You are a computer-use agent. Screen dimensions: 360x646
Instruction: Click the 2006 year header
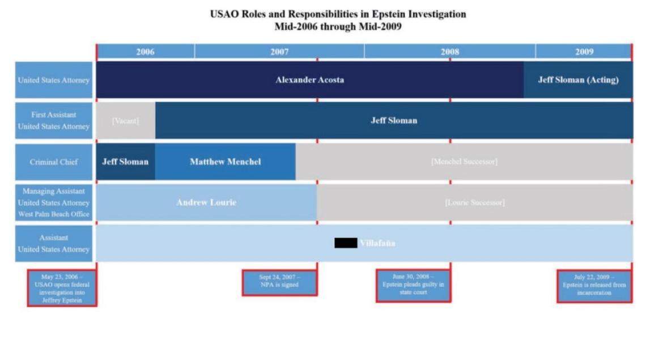click(145, 52)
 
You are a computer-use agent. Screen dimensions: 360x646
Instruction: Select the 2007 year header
click(279, 52)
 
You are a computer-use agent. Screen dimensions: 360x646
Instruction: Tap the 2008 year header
click(450, 52)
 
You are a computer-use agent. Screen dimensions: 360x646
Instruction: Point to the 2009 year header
click(584, 52)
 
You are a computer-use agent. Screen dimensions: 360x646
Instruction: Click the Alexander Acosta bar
click(309, 80)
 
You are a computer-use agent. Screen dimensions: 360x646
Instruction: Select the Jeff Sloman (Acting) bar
click(578, 80)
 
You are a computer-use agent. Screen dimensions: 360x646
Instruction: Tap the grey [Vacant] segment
click(125, 120)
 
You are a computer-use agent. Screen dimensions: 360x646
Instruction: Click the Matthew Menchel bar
click(225, 162)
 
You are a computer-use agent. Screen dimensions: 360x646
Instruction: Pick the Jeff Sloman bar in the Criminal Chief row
click(125, 162)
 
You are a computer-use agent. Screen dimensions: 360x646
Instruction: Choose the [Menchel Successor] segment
click(464, 162)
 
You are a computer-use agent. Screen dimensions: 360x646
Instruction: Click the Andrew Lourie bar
click(206, 202)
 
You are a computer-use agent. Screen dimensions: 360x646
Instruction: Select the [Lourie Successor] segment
click(474, 202)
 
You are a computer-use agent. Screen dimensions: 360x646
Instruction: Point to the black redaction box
click(346, 243)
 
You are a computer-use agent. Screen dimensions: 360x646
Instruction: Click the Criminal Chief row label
click(53, 162)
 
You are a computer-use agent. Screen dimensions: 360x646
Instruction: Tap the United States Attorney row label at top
click(53, 80)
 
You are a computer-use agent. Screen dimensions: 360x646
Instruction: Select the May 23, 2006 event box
click(62, 288)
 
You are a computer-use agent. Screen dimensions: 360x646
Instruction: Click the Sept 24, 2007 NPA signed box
click(279, 282)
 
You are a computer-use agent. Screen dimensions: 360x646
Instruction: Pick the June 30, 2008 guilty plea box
click(413, 285)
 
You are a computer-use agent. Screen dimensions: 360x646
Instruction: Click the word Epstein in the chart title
click(388, 14)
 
